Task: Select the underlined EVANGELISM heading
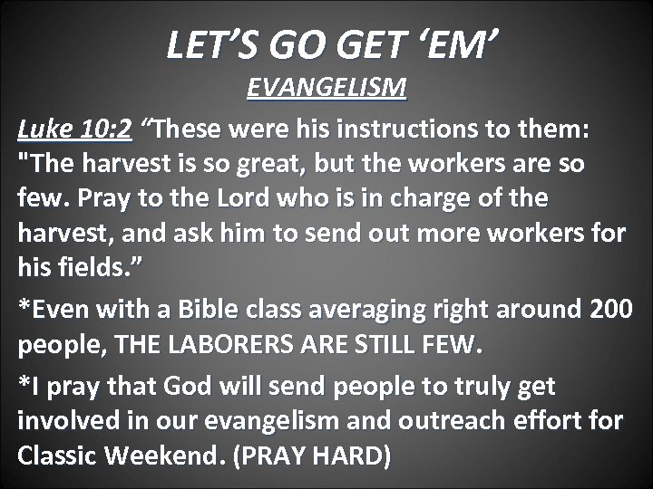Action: pos(327,91)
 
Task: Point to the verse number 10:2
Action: pos(107,131)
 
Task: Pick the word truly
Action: pos(464,388)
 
